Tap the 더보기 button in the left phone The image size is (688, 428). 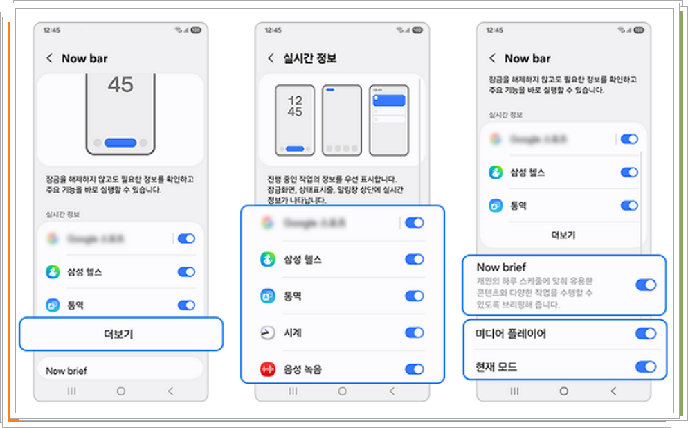click(120, 335)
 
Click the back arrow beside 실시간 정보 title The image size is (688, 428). click(271, 58)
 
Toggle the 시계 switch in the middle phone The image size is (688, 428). click(414, 332)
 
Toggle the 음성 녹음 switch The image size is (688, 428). click(414, 369)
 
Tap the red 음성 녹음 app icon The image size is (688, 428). click(268, 369)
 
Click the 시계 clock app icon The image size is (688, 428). click(268, 333)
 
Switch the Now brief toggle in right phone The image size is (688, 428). click(645, 285)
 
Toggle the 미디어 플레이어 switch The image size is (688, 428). click(645, 334)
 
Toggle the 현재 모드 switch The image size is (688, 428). click(645, 366)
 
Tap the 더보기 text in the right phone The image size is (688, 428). click(563, 235)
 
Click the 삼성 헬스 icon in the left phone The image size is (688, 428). click(52, 272)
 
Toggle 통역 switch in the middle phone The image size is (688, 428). click(414, 296)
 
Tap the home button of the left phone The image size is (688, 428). click(120, 391)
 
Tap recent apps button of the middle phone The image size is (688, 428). click(293, 391)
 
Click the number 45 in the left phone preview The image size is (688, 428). click(120, 84)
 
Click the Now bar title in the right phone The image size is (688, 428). click(527, 58)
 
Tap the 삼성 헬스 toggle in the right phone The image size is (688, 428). click(628, 172)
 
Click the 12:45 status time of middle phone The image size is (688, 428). click(273, 30)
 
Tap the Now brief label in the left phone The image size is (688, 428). click(66, 371)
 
